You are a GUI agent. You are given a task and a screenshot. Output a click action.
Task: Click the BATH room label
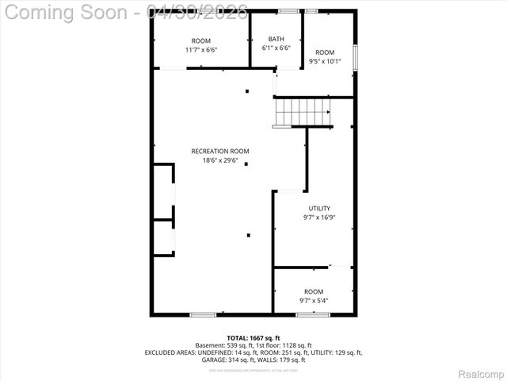click(x=276, y=39)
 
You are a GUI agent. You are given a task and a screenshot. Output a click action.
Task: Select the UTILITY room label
click(x=298, y=209)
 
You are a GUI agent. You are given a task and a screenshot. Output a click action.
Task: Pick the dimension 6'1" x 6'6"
click(x=276, y=48)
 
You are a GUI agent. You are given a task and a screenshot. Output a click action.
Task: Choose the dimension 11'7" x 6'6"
click(x=201, y=49)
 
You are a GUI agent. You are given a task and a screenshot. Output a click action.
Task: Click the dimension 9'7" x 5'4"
click(x=313, y=301)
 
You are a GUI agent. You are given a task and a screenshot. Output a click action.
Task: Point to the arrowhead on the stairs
click(x=329, y=112)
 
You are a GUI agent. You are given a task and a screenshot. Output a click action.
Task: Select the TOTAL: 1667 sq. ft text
click(x=253, y=338)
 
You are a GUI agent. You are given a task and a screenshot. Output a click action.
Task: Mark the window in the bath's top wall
click(x=288, y=10)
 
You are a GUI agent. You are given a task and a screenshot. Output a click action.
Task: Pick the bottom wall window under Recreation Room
click(x=203, y=314)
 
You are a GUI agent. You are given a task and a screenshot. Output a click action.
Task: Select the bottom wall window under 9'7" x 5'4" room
click(x=307, y=314)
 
